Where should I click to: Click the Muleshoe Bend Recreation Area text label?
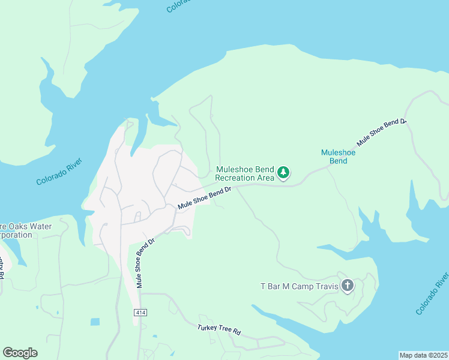click(244, 173)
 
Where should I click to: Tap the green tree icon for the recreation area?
click(283, 173)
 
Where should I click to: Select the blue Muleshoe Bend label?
click(338, 157)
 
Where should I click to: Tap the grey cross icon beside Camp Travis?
click(347, 286)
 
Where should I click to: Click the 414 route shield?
click(140, 313)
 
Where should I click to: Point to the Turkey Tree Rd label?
click(218, 330)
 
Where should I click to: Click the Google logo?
click(20, 353)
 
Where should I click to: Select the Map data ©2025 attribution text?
click(424, 355)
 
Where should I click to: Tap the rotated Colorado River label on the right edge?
click(432, 293)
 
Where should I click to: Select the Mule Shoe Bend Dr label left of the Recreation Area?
click(204, 199)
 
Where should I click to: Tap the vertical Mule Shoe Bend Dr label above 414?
click(145, 262)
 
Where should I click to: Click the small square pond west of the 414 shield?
click(95, 322)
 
